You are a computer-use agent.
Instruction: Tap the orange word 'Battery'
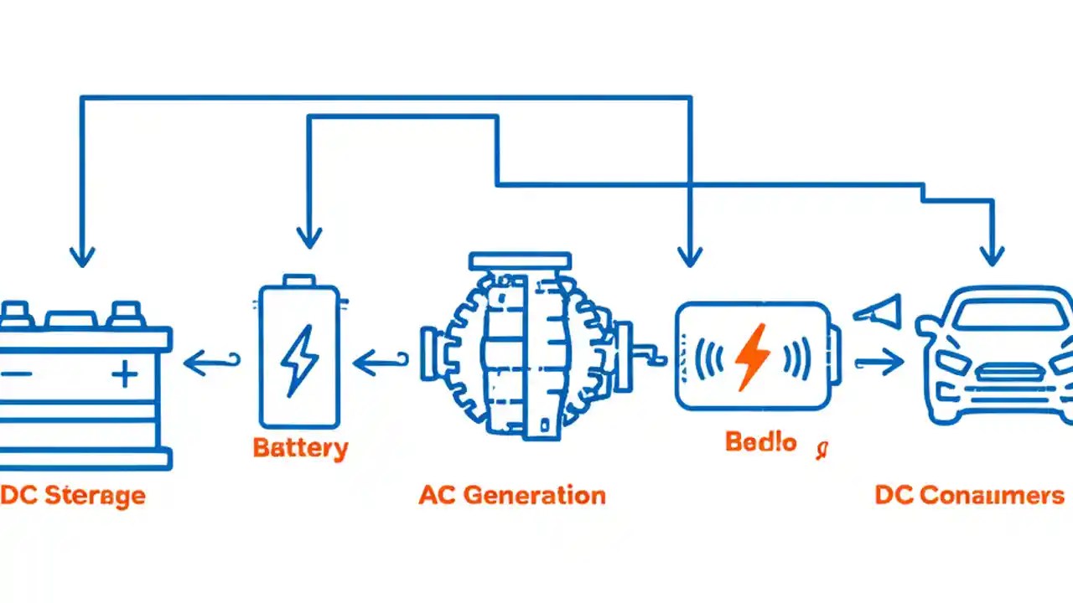[x=300, y=447]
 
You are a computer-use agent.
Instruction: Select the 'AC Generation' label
[x=512, y=495]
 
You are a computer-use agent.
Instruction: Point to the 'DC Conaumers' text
[x=969, y=495]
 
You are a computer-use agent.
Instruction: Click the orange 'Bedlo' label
[x=760, y=443]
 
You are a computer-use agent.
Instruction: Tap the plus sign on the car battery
[x=125, y=374]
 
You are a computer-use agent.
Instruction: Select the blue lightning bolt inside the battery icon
[x=299, y=361]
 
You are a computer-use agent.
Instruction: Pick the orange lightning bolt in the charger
[x=752, y=357]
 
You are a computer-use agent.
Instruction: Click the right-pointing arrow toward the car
[x=879, y=362]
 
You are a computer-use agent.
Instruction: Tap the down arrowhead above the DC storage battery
[x=81, y=255]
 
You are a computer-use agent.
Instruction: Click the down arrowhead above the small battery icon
[x=309, y=238]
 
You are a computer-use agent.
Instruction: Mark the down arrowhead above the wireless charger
[x=689, y=256]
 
